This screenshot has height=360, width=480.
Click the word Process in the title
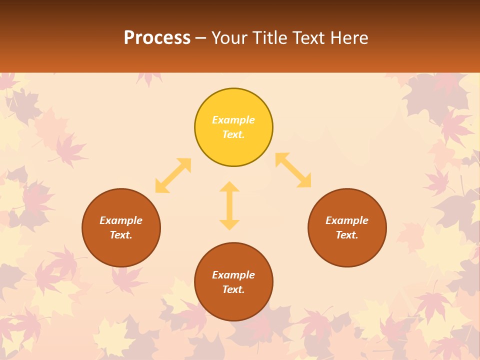tap(157, 38)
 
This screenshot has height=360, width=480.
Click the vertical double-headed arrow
tap(229, 205)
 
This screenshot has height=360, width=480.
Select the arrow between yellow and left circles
tap(173, 175)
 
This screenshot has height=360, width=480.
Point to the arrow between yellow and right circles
tap(293, 170)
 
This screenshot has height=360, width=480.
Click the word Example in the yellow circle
tap(233, 120)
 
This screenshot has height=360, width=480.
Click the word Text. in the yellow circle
tap(233, 134)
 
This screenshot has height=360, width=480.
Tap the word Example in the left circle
tap(121, 220)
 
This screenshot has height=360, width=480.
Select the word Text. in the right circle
tap(347, 235)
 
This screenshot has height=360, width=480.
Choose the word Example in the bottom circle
tap(233, 275)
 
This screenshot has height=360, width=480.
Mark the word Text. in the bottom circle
tap(233, 289)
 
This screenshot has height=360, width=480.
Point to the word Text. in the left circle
tap(121, 235)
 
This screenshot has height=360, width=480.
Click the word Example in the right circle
tap(347, 220)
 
